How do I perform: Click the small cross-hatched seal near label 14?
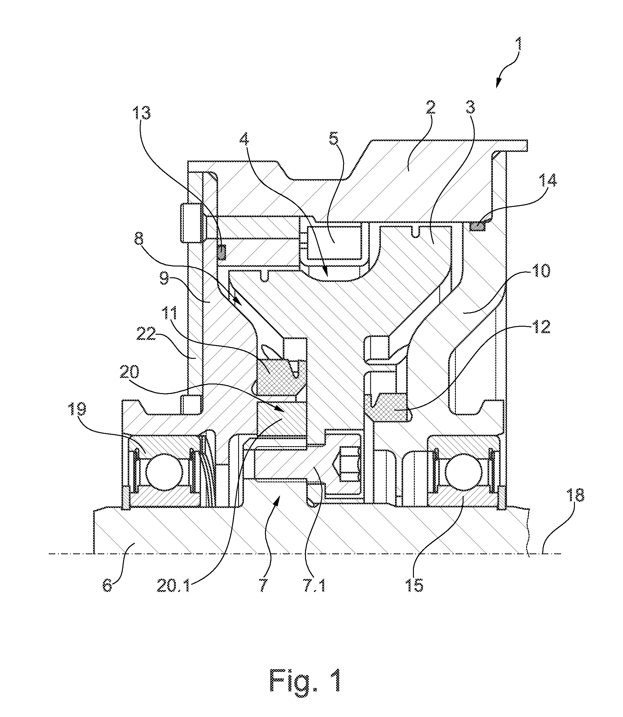(x=477, y=227)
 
